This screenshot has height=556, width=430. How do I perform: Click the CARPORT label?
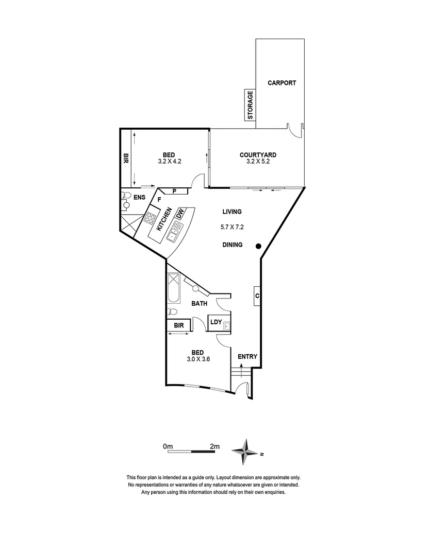pos(282,82)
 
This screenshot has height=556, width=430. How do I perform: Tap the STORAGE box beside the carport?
pos(250,105)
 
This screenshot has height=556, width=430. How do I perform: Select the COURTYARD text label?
pos(258,154)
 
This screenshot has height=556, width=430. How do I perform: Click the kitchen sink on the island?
pos(172,236)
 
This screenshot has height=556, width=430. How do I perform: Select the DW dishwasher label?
pos(180,214)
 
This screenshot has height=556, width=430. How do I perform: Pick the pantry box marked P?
pos(175,191)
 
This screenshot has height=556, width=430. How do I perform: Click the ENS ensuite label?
pos(139,197)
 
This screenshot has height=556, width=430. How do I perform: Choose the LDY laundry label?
pos(216,322)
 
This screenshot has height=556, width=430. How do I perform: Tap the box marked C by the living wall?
pos(256,296)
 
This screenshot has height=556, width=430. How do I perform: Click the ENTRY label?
pos(247,357)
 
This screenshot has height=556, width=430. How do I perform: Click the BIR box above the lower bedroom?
pos(179,325)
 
